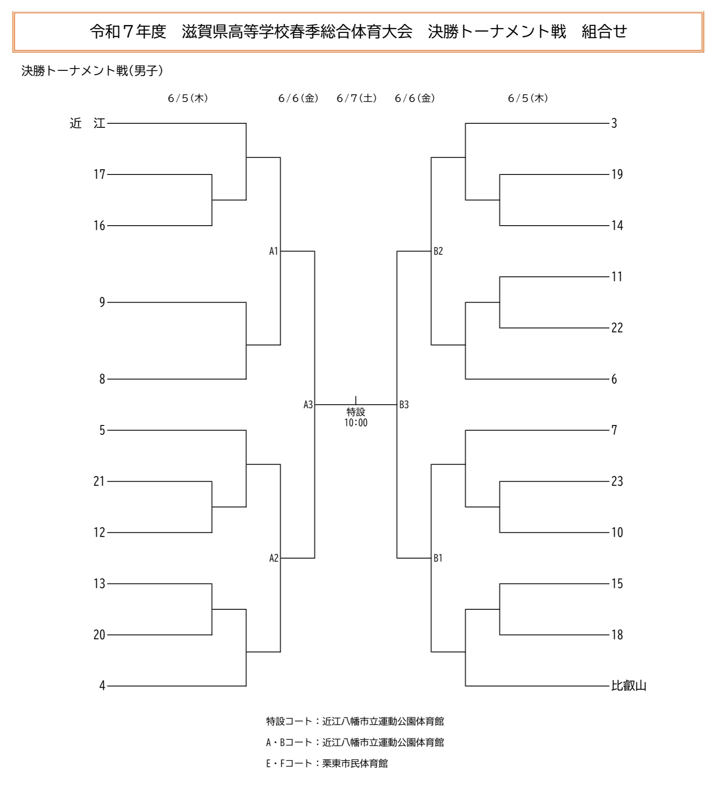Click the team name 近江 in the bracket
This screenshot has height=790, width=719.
[87, 123]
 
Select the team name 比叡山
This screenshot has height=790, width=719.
[629, 686]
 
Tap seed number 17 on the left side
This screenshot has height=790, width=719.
[99, 174]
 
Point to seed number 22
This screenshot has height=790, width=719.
[617, 328]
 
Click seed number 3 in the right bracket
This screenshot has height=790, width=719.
[614, 123]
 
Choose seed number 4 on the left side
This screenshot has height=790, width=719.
[102, 686]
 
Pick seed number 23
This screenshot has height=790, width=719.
[617, 481]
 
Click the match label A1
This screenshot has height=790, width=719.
[274, 251]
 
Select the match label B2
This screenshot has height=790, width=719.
[438, 251]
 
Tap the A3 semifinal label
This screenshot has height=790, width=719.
[308, 405]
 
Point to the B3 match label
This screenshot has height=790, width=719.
[404, 405]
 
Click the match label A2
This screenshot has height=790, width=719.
[274, 558]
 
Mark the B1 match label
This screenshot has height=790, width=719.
[438, 558]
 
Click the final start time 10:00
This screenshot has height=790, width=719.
[356, 423]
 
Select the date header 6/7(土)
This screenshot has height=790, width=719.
[357, 98]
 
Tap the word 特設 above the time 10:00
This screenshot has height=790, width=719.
[356, 412]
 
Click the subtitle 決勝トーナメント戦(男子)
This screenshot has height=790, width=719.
[92, 71]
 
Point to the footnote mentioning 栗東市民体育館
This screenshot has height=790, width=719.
[327, 764]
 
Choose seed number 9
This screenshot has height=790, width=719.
[102, 303]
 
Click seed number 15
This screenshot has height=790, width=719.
[617, 583]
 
